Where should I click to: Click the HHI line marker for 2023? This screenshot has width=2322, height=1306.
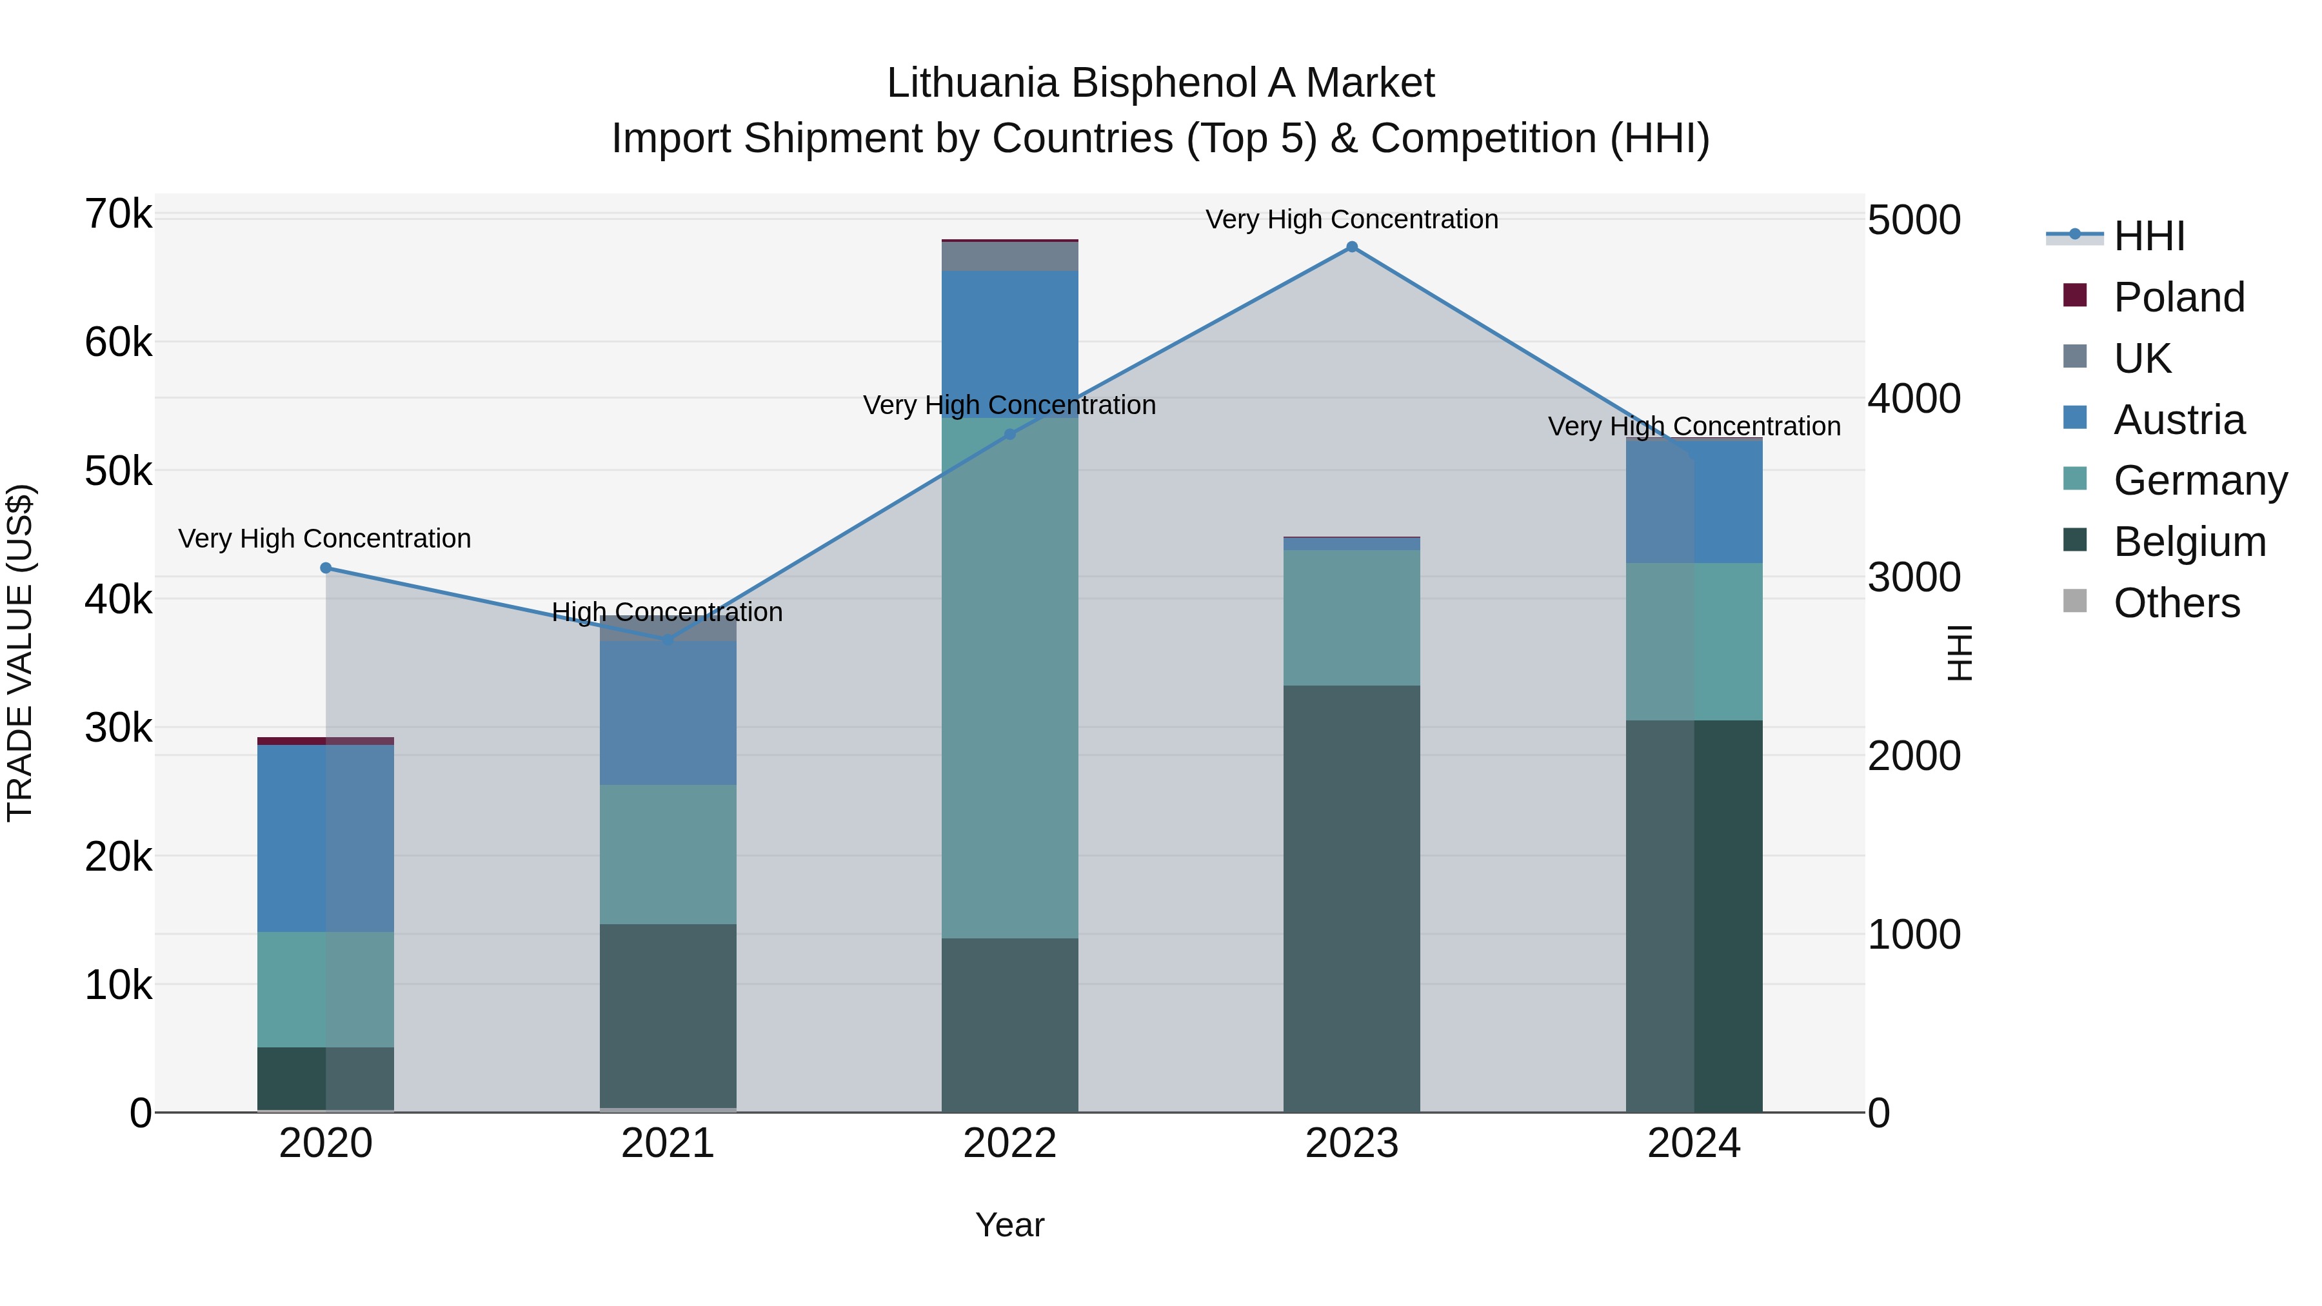point(1351,247)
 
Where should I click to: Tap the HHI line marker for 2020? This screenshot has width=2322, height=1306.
point(326,568)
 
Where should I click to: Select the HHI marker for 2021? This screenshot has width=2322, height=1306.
point(668,640)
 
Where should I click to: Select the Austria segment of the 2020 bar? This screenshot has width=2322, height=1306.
point(326,838)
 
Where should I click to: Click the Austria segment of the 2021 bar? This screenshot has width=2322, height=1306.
point(668,712)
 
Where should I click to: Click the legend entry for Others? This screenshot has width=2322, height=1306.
point(2176,603)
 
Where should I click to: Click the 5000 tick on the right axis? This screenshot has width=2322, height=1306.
point(1913,220)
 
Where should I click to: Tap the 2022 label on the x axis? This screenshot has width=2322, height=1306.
point(1009,1143)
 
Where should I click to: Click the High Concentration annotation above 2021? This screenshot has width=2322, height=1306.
point(667,612)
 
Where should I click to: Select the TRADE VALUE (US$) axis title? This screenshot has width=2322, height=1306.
point(20,653)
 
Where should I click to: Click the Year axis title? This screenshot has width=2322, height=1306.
point(1009,1225)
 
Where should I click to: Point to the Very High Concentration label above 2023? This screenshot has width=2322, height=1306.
point(1351,219)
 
